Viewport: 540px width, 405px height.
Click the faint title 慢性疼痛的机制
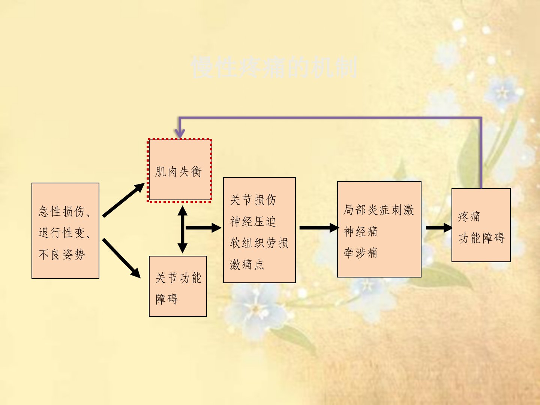274,67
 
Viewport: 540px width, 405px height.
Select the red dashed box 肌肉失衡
180,171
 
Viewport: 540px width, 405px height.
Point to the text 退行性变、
64,233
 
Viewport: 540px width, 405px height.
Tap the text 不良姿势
61,255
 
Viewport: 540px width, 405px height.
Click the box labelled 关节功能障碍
178,286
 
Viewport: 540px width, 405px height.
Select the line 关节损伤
253,200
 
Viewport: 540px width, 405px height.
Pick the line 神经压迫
253,222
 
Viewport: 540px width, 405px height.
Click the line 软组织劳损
259,243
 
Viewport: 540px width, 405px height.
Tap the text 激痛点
247,265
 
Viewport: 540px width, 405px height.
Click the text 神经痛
361,231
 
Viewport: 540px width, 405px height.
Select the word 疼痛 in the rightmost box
469,216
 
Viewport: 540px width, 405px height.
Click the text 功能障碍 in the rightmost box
481,238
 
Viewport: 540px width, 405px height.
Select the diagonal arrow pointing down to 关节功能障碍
121,258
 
